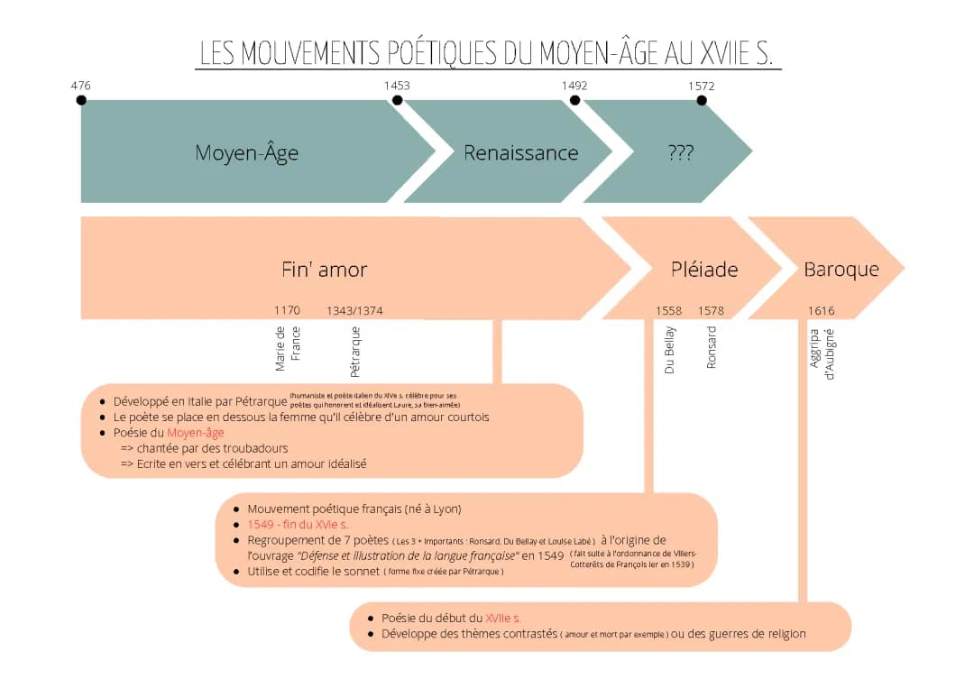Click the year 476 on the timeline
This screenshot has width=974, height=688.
(81, 86)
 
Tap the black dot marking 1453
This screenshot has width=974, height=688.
(398, 100)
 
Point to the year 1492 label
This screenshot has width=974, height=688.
(574, 86)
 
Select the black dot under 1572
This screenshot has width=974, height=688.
(702, 100)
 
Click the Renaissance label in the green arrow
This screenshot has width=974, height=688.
(520, 153)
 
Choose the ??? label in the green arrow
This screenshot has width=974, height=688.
(681, 153)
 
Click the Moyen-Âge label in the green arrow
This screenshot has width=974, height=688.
(246, 153)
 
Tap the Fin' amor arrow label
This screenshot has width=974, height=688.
(324, 270)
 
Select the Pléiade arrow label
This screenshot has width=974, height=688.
(704, 270)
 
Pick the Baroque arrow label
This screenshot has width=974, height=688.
(841, 270)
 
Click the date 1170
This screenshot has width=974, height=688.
(287, 311)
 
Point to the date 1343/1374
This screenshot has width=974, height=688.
(354, 311)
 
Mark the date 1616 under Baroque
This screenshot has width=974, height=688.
(821, 311)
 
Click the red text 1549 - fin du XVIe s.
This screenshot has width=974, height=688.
(298, 524)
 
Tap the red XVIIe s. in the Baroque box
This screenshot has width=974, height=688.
(503, 618)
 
